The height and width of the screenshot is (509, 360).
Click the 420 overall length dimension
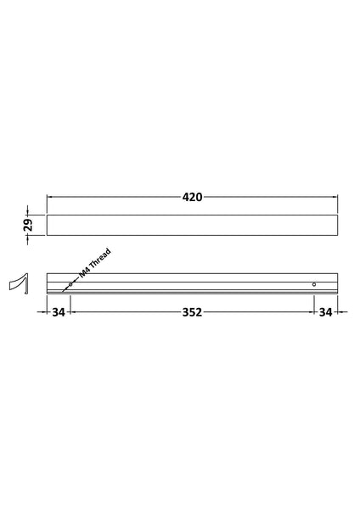coord(192,197)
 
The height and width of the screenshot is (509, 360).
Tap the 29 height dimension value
coord(27,225)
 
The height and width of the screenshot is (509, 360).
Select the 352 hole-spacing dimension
coord(192,312)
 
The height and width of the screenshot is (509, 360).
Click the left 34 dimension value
coord(58,312)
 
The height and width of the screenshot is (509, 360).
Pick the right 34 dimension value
coord(325,312)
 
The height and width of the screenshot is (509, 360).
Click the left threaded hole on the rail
coord(70,283)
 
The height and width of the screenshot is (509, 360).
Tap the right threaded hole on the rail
coord(313,283)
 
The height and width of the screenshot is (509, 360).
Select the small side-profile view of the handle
coord(19,283)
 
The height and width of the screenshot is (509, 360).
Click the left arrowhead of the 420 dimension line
coord(49,197)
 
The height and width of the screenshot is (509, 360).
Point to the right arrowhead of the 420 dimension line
coord(335,197)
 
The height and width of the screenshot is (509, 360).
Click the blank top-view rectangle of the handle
coord(192,225)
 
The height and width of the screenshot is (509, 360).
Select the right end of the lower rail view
coord(336,284)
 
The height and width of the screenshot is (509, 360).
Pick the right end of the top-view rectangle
coord(337,225)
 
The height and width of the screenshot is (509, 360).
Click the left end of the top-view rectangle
coord(48,225)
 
